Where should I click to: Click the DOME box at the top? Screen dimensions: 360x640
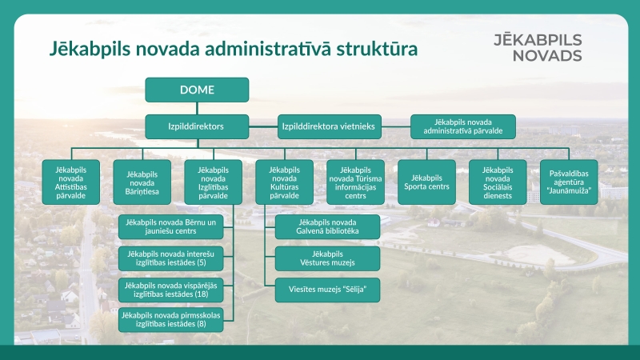click(x=197, y=90)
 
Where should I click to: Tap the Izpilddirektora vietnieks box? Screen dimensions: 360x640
click(x=329, y=126)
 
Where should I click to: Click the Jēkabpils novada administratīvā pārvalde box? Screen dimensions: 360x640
click(x=463, y=126)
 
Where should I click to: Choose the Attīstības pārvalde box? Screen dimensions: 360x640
click(x=71, y=182)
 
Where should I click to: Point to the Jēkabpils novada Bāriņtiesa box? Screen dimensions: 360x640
click(x=142, y=182)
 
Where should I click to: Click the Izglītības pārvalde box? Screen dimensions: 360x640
click(x=214, y=182)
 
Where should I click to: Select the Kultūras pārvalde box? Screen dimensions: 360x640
click(x=285, y=182)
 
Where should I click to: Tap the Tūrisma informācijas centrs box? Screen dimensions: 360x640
click(x=356, y=182)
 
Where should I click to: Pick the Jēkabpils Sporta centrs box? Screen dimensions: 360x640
click(x=427, y=182)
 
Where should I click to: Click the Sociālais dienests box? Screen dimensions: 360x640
click(x=498, y=182)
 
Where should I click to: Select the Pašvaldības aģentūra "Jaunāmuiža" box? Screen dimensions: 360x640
click(x=569, y=182)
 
